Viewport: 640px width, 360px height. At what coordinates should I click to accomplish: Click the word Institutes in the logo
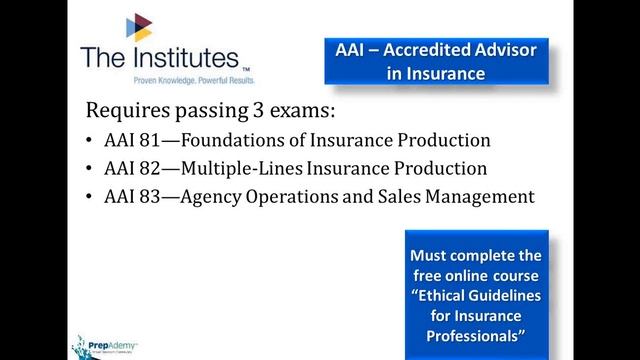point(176,59)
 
